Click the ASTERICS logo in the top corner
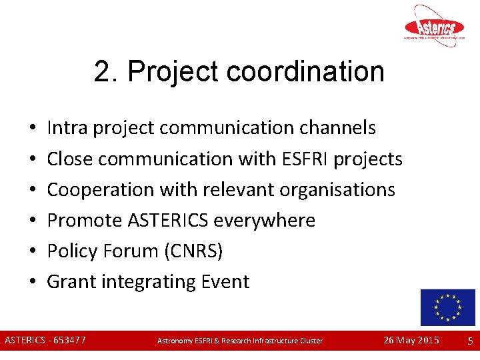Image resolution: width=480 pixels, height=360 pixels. click(435, 26)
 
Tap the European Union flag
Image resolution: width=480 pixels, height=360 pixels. click(447, 307)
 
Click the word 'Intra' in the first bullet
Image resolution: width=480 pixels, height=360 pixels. click(68, 127)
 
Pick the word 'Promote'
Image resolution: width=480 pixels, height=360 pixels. click(85, 220)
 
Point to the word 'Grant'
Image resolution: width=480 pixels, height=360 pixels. click(71, 281)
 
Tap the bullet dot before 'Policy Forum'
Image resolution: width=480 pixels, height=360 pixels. click(32, 251)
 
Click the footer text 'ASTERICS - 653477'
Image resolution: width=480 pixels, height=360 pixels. click(45, 341)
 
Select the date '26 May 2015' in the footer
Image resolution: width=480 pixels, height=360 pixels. click(411, 341)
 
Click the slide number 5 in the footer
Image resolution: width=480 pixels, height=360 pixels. click(470, 341)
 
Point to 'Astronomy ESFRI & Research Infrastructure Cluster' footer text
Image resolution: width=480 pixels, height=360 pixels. click(240, 341)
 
